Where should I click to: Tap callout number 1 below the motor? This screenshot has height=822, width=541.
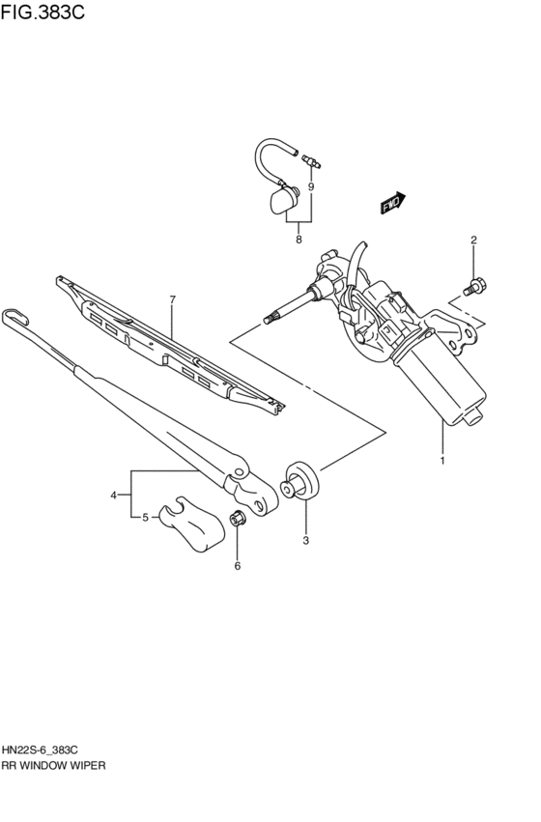[442, 460]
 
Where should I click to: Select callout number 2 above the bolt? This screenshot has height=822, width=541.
[473, 240]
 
